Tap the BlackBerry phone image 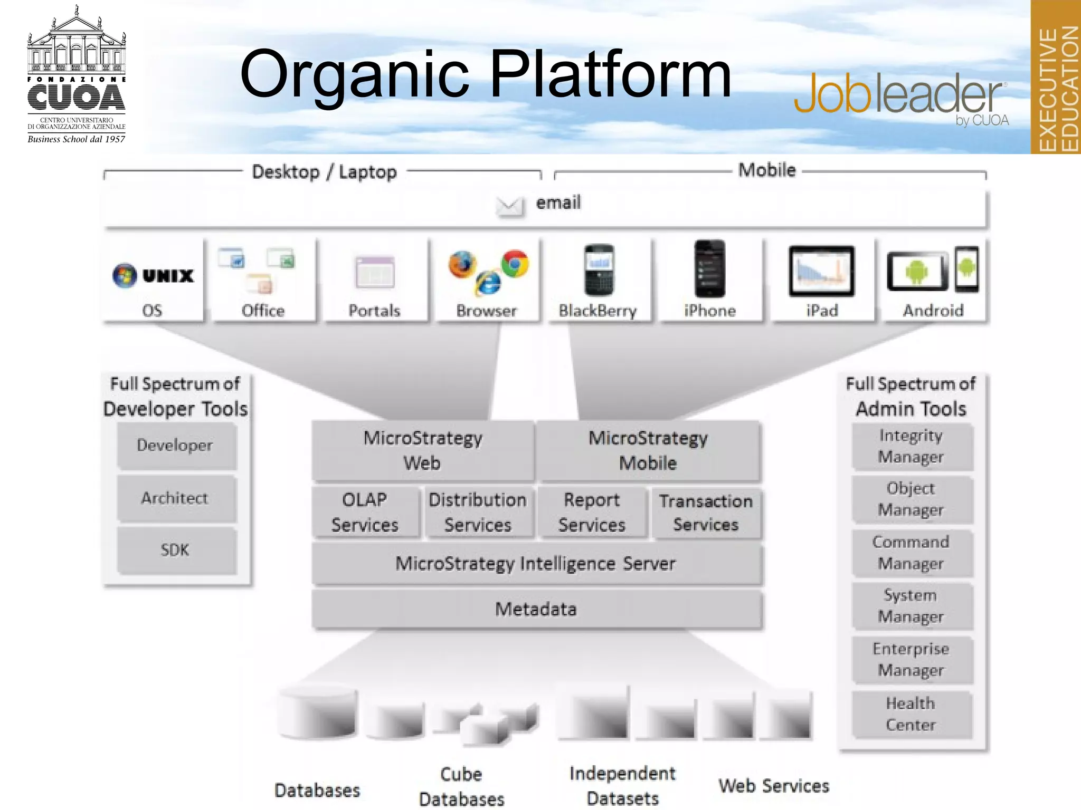point(599,270)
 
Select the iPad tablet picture point(821,271)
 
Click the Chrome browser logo point(515,263)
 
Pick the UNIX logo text point(168,275)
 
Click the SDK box point(176,551)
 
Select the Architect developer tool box point(176,498)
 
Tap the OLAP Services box point(365,512)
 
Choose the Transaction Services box point(706,513)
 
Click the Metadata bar point(536,610)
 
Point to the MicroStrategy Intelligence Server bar point(536,564)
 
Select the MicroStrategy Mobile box point(648,451)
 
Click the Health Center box point(912,714)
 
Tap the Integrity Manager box point(912,446)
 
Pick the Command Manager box point(912,553)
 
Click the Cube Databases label point(462,786)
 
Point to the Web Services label point(774,786)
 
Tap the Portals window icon point(375,272)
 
